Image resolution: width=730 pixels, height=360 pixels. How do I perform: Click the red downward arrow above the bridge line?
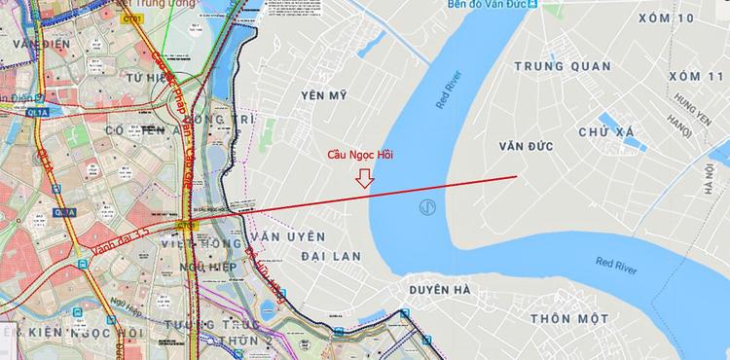pos(365,178)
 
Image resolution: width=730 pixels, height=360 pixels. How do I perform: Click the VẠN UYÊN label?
pos(286,236)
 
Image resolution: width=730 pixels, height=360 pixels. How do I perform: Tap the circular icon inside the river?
pos(425,207)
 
